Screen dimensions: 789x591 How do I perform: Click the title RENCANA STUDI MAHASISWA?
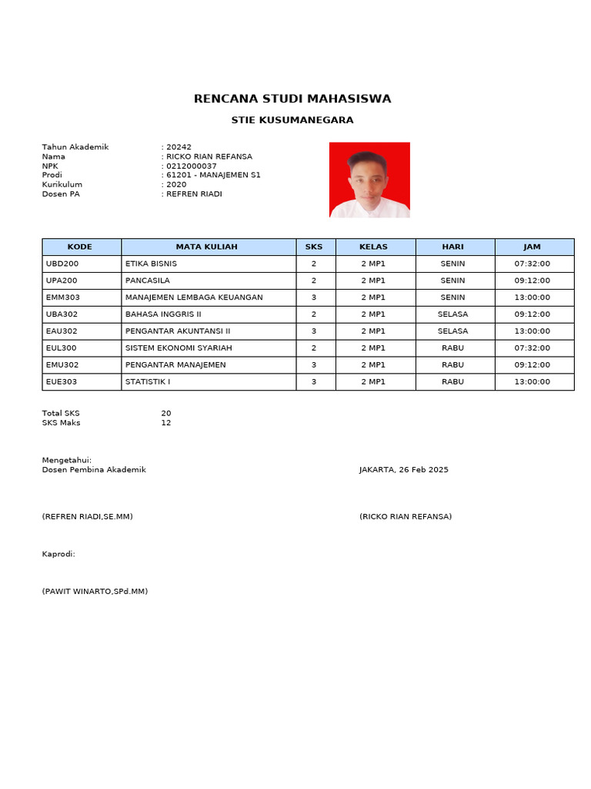292,99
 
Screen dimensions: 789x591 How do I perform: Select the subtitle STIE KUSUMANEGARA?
292,120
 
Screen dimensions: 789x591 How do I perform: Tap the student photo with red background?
369,180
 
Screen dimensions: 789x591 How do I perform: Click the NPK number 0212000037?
192,166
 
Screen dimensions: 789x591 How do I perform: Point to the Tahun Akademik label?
75,147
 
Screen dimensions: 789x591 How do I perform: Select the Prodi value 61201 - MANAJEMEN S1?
213,175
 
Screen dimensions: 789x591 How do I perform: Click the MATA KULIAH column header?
207,247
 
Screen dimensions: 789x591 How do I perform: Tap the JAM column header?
532,247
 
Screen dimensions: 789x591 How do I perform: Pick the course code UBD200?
62,264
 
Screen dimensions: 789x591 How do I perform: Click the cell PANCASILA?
148,280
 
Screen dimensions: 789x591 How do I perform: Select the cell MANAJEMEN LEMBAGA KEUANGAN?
194,297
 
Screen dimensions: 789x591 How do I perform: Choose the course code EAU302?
62,331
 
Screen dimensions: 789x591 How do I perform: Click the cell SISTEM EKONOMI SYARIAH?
179,348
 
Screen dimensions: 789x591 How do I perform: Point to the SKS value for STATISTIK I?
314,382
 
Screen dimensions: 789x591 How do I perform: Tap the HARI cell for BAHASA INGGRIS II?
452,314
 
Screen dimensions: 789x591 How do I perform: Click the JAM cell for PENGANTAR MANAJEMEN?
532,365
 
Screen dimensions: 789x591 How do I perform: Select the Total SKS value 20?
166,414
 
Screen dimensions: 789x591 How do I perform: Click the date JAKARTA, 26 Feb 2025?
403,470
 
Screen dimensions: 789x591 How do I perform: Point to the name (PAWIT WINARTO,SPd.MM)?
95,592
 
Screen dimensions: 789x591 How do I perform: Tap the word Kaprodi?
58,554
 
